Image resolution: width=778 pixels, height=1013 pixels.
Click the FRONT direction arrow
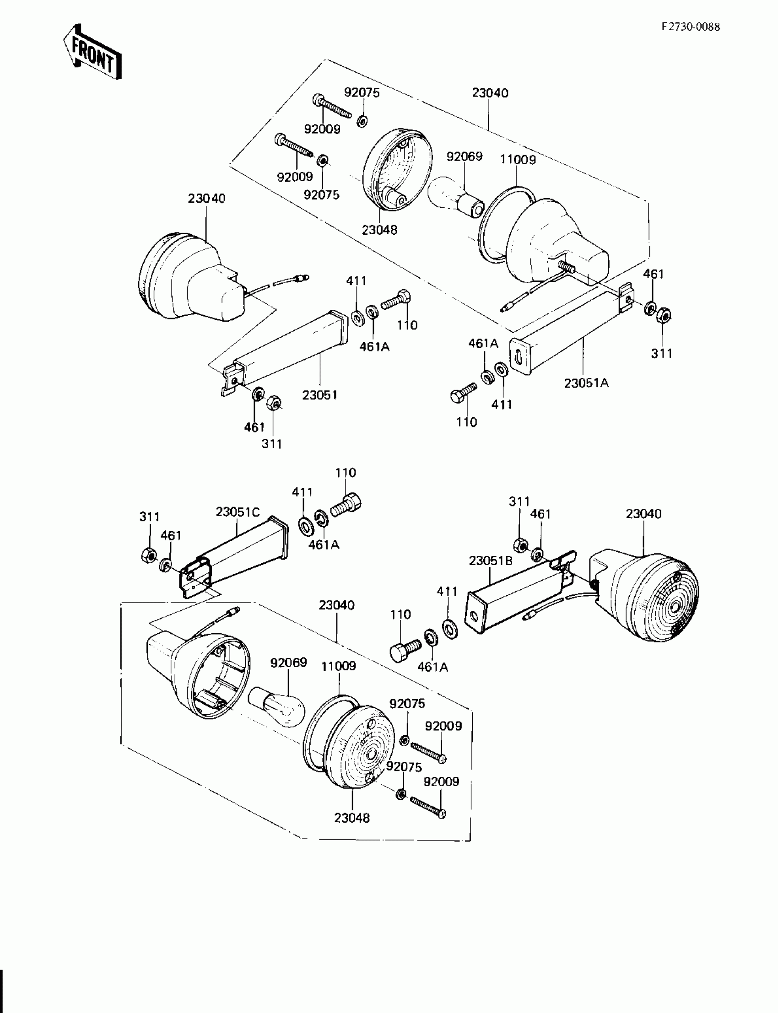(92, 52)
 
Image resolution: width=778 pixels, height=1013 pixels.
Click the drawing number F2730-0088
(691, 27)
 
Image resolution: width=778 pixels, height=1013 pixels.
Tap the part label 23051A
(586, 383)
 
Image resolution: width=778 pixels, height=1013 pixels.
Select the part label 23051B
(491, 560)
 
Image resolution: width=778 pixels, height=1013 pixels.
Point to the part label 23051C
(238, 512)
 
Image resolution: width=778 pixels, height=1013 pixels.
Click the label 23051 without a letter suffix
(319, 395)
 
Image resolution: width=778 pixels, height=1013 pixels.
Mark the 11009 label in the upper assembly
(518, 160)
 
